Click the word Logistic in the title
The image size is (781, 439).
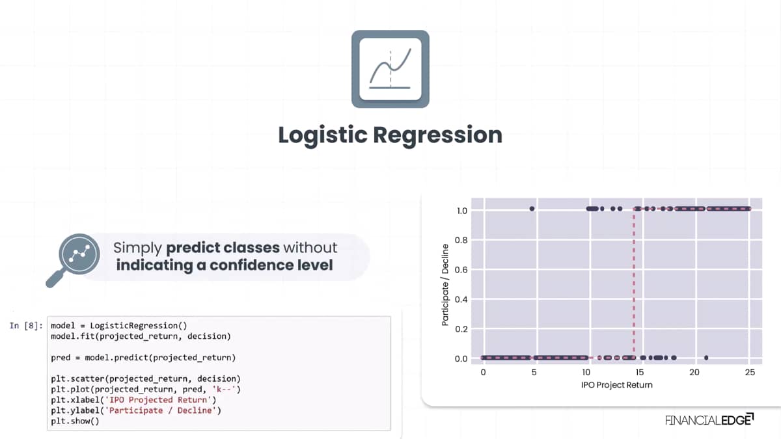coord(323,135)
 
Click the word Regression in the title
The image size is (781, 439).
coord(437,135)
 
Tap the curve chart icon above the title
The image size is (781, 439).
coord(390,69)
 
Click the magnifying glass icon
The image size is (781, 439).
coord(73,260)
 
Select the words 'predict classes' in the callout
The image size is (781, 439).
coord(223,248)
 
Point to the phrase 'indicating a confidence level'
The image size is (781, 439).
coord(224,265)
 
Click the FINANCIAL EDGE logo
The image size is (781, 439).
coord(709,420)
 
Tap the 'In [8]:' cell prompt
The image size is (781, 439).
coord(26,326)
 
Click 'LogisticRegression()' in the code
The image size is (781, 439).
coord(139,326)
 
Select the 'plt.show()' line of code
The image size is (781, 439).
coord(75,421)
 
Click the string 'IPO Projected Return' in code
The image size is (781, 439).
coord(158,400)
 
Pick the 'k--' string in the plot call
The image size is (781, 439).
coord(224,389)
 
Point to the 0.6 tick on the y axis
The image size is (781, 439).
coord(461,270)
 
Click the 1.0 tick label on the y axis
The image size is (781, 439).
coord(461,211)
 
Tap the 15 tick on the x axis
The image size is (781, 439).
coord(639,373)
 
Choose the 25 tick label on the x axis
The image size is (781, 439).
coord(750,373)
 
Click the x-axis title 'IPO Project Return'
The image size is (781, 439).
coord(616,385)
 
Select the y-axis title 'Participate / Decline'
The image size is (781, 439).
coord(445,285)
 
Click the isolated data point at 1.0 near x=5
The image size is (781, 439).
coord(532,209)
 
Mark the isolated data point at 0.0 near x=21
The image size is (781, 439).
coord(706,358)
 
